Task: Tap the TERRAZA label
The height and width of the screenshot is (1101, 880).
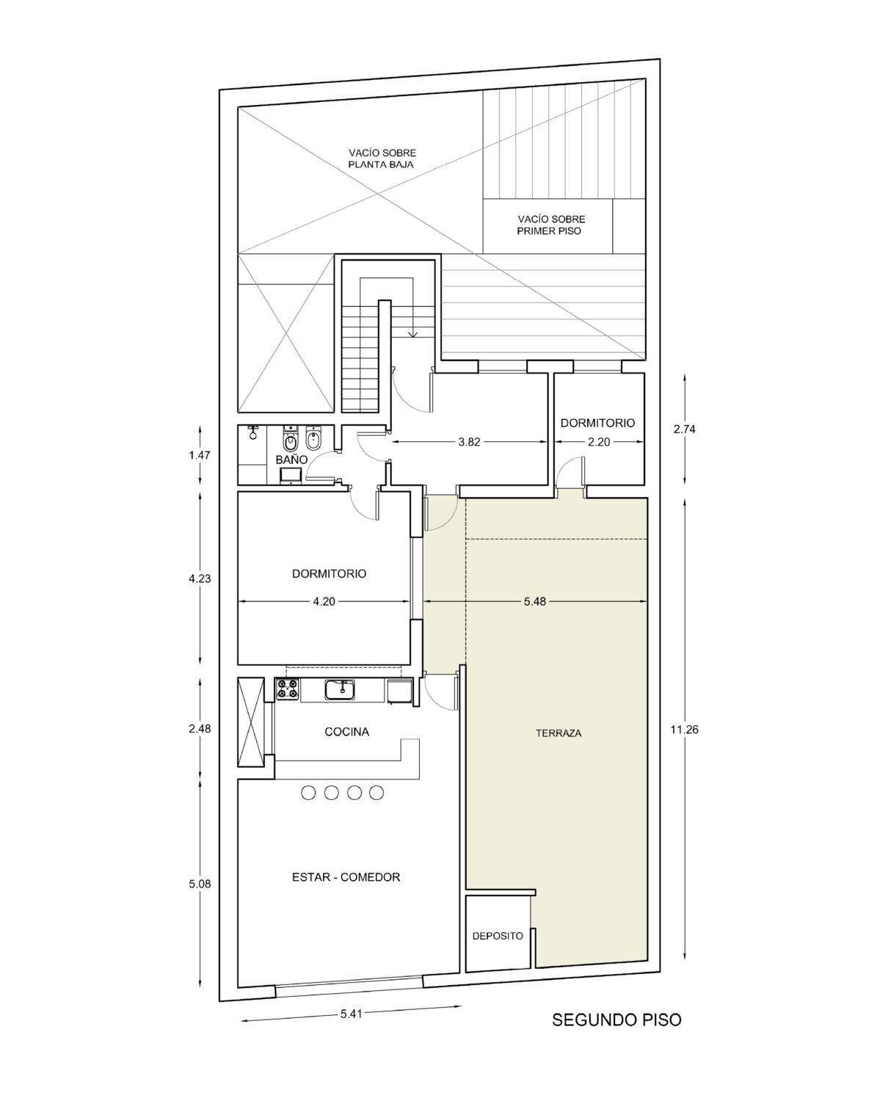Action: [559, 733]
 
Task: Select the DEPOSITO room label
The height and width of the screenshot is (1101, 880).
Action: [498, 937]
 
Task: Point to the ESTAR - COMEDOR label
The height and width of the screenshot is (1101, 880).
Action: [346, 877]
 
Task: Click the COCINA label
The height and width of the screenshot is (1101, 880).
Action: [346, 732]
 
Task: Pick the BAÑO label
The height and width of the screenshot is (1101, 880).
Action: [291, 459]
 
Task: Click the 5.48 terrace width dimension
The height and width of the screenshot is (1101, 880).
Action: [534, 602]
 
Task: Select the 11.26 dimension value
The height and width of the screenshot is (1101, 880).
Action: [684, 730]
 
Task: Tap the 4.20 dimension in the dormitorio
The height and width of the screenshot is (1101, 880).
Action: [324, 602]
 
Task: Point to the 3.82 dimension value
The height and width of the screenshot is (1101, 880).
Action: [469, 442]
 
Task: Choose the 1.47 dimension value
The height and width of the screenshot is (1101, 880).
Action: [199, 455]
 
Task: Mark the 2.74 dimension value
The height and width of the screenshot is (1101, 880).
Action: [684, 429]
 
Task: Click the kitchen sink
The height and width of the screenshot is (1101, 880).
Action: [339, 690]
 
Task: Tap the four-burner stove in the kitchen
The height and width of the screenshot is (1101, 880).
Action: [287, 688]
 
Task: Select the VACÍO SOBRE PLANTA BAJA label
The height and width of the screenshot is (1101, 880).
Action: [382, 159]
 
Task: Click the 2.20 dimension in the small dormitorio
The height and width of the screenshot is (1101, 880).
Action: [599, 442]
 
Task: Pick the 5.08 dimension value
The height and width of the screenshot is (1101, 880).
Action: [199, 884]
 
